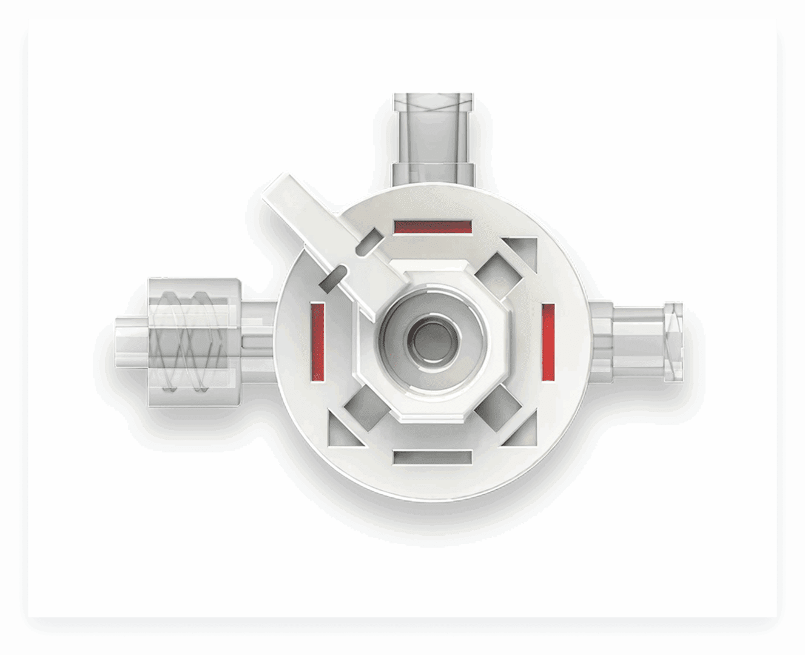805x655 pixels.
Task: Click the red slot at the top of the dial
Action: point(433,226)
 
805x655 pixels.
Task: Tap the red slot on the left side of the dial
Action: point(317,342)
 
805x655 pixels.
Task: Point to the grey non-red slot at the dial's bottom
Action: point(432,457)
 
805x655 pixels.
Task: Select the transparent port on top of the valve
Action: point(433,136)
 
